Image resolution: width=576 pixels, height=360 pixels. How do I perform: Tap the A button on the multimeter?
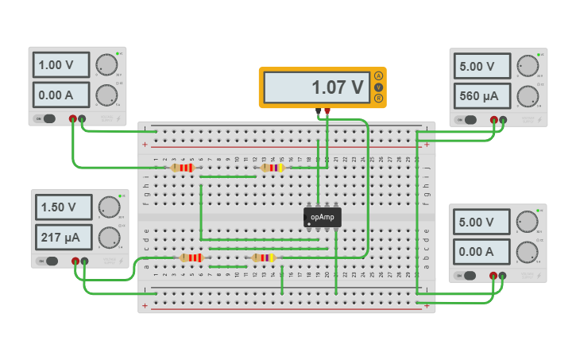pyautogui.click(x=378, y=75)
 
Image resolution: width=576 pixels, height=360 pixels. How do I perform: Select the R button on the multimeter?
pyautogui.click(x=378, y=98)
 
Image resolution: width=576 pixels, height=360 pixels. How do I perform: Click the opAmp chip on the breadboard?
pyautogui.click(x=322, y=216)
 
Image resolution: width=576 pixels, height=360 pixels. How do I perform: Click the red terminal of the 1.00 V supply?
pyautogui.click(x=73, y=118)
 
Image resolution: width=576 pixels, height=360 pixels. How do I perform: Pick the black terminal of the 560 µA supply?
pyautogui.click(x=502, y=120)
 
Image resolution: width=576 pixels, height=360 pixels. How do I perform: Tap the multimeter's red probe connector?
pyautogui.click(x=327, y=110)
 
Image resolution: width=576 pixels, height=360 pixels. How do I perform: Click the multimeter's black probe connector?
pyautogui.click(x=318, y=110)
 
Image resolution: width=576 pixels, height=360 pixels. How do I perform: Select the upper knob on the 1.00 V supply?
pyautogui.click(x=105, y=64)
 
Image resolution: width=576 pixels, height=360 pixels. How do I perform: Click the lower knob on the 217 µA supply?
pyautogui.click(x=108, y=237)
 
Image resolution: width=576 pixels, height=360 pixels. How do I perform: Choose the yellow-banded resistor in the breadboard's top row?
pyautogui.click(x=272, y=168)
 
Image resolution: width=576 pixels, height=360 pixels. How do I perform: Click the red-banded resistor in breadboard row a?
pyautogui.click(x=191, y=257)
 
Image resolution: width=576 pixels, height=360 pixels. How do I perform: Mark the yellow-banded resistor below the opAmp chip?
pyautogui.click(x=263, y=257)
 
